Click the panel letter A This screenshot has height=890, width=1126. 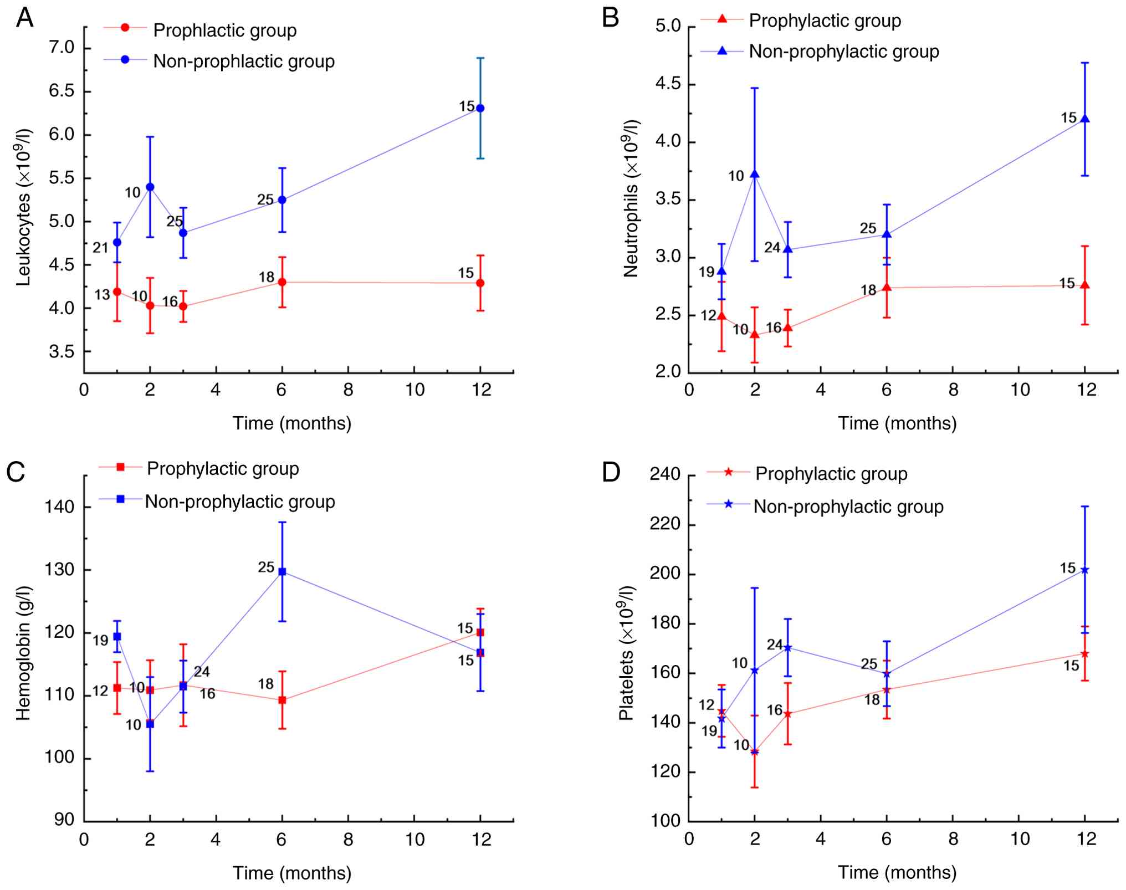point(25,18)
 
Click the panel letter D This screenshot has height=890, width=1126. point(611,473)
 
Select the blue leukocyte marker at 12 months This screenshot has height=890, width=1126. point(480,108)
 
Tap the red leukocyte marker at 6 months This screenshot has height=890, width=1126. point(282,282)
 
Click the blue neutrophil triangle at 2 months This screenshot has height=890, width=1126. point(754,175)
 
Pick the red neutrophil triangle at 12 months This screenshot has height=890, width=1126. point(1085,285)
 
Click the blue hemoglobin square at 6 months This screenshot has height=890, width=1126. point(282,571)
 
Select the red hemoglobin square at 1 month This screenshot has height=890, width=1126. point(117,688)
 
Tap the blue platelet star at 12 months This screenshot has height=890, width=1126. point(1085,570)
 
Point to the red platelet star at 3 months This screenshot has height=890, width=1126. point(787,714)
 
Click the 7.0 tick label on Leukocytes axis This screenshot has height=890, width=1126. point(62,48)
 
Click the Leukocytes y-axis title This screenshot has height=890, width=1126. point(23,207)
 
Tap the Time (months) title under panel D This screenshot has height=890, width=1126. point(897,872)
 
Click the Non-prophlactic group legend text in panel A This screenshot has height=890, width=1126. point(244,61)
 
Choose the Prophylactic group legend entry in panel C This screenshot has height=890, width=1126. point(223,469)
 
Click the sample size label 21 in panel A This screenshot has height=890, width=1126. point(100,248)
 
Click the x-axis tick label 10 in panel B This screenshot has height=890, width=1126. point(1020,390)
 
